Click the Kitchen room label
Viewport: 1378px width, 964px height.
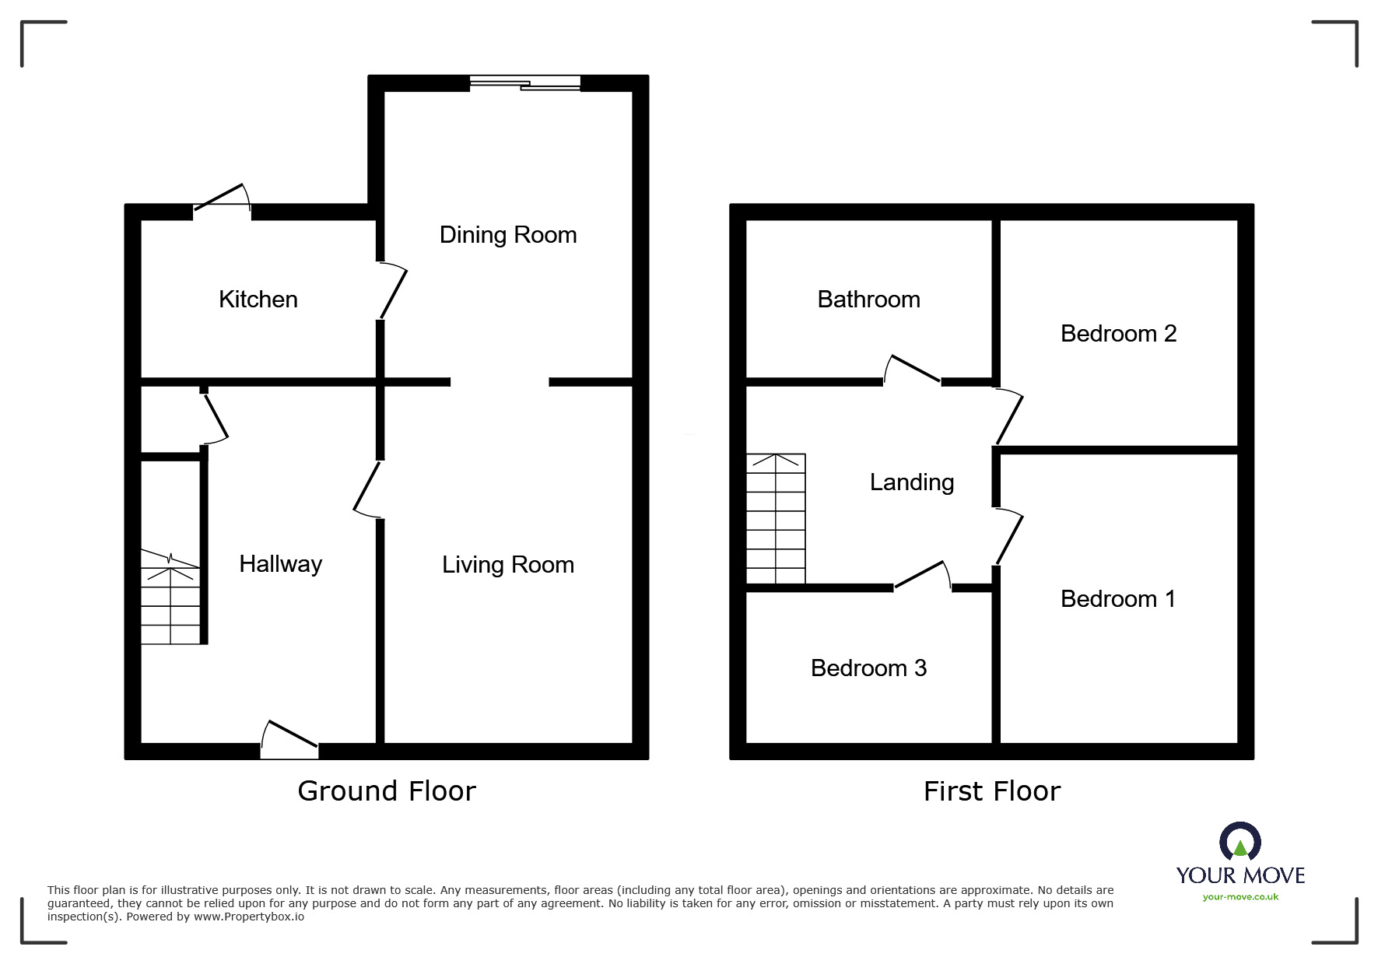click(x=258, y=300)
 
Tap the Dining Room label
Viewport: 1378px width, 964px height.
click(x=507, y=235)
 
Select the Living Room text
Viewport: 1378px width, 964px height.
click(x=507, y=565)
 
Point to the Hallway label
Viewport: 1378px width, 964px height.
click(x=280, y=564)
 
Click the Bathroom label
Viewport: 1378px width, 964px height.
click(x=868, y=300)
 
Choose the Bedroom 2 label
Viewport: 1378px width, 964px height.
click(x=1118, y=334)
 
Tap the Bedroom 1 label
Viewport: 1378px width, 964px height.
click(x=1118, y=599)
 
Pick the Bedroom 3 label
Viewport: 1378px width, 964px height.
click(x=868, y=668)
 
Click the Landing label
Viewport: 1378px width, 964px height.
click(x=911, y=482)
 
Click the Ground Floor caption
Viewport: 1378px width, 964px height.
click(x=386, y=791)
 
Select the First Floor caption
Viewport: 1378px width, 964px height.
click(x=991, y=791)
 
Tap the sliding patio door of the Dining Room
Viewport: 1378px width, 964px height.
click(x=525, y=83)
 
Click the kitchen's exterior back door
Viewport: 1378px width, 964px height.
click(x=222, y=201)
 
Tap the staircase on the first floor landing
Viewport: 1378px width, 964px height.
click(x=776, y=519)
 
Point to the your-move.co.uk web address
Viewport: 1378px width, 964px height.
click(x=1240, y=897)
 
